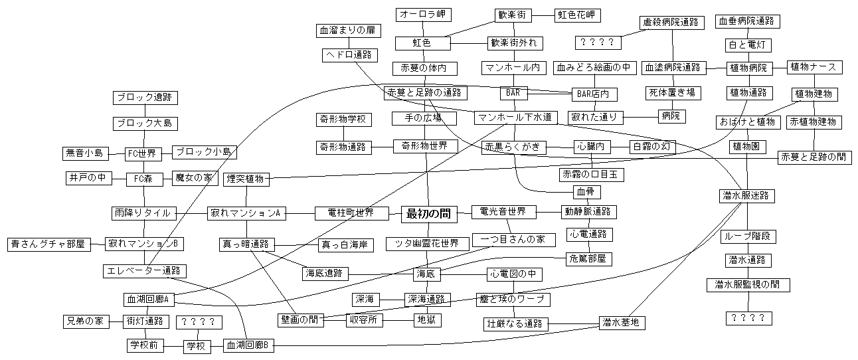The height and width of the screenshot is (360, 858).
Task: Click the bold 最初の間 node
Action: point(428,213)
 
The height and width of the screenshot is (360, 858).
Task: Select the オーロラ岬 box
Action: point(422,15)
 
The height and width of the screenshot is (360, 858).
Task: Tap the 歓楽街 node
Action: point(515,15)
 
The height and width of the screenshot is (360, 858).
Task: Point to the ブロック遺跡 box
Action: point(145,98)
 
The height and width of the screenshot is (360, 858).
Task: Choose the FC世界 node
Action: point(144,153)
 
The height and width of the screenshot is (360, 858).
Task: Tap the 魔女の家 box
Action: point(193,178)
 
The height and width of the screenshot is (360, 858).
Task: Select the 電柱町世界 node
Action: point(350,213)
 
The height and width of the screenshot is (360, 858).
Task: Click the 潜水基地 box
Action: point(622,323)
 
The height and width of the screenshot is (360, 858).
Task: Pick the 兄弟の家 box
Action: point(85,321)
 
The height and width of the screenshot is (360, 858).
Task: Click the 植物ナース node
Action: point(814,67)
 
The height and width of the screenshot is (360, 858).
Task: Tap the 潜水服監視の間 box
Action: point(747,285)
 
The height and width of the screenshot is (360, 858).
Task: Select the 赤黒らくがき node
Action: point(515,147)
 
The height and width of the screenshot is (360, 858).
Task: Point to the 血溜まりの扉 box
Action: point(347,31)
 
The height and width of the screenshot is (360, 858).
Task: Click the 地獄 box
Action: point(426,320)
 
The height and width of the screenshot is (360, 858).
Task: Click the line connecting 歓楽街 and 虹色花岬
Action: point(542,15)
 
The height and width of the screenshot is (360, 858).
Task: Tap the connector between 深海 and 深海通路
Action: point(394,300)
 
